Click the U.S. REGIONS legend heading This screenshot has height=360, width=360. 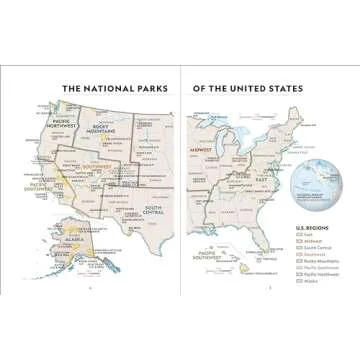click(x=311, y=228)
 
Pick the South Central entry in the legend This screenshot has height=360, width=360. click(x=316, y=250)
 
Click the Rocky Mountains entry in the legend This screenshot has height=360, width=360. click(x=319, y=265)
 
